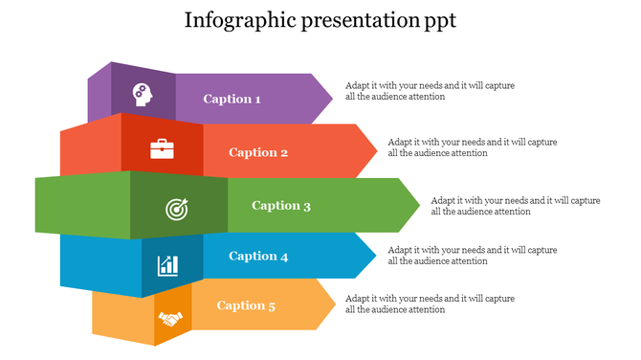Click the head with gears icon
pos(142,95)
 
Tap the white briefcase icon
pos(162,148)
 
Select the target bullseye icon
pos(177,208)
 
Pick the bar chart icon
pos(168,263)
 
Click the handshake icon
pos(171,318)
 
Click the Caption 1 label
pos(232,99)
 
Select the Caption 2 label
pos(258,152)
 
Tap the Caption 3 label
pos(281,205)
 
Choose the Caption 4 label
pos(258,256)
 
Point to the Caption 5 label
pos(246,305)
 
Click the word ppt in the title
pos(439,21)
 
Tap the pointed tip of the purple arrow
pos(331,98)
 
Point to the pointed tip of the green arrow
pos(418,205)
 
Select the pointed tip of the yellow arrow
pos(334,304)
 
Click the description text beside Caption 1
pos(430,91)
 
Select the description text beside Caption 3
pos(516,206)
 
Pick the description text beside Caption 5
pos(430,304)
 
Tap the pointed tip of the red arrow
pos(375,151)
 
